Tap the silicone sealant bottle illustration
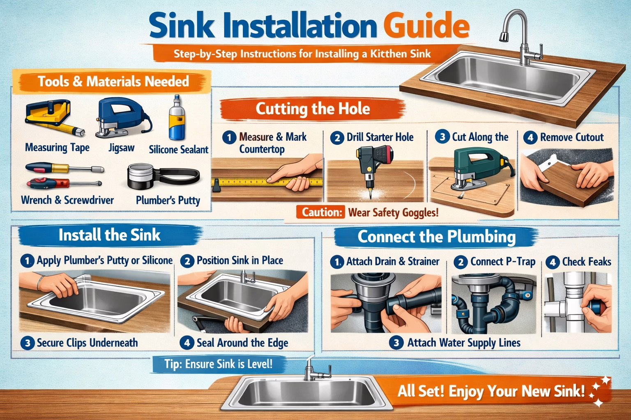(177, 119)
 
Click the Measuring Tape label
(57, 148)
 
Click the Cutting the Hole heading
(313, 109)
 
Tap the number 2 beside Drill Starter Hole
(337, 138)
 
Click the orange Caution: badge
(322, 212)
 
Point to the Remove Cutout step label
(571, 137)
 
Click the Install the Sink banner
(109, 235)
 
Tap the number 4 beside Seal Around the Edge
(187, 343)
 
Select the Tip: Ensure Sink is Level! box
(218, 364)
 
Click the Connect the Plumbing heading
(436, 237)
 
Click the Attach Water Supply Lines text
(463, 343)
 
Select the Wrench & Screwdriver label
(67, 200)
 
